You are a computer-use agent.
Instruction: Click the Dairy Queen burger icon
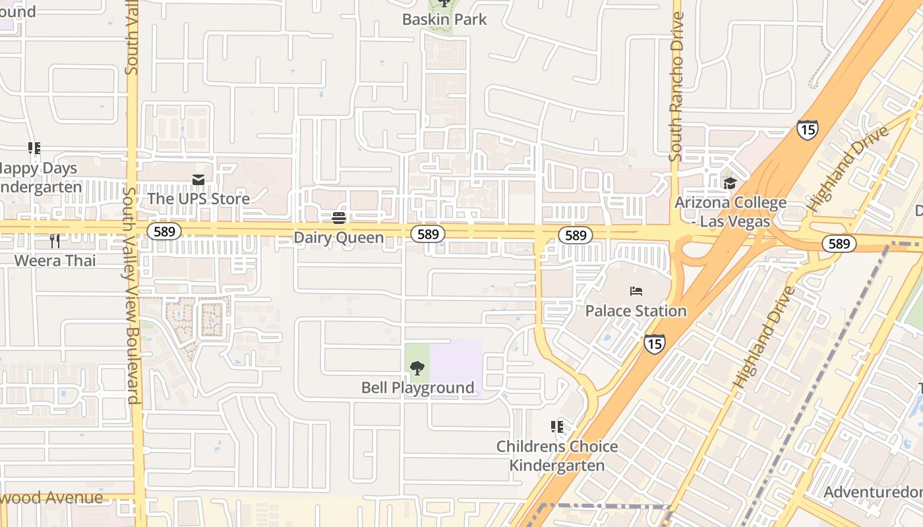coord(339,218)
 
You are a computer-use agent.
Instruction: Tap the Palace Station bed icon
coord(636,291)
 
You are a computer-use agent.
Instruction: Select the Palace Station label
coord(636,311)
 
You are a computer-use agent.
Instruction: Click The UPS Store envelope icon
coord(198,180)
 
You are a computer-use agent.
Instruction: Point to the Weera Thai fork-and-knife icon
coord(55,241)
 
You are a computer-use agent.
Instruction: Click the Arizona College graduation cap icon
coord(729,182)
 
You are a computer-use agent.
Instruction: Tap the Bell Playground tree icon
coord(417,368)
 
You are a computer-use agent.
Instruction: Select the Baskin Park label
coord(444,20)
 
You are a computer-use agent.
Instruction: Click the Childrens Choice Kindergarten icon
coord(557,427)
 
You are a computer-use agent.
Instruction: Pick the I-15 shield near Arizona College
coord(808,129)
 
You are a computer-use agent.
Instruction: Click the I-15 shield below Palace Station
coord(654,343)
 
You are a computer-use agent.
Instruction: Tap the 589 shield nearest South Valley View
coord(160,231)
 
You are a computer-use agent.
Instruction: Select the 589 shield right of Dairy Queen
coord(428,234)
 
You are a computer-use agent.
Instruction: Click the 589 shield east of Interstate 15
coord(839,244)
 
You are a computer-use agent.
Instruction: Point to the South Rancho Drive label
coord(676,86)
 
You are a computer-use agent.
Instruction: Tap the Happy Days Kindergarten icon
coord(34,148)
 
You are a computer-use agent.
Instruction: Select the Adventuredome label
coord(874,492)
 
